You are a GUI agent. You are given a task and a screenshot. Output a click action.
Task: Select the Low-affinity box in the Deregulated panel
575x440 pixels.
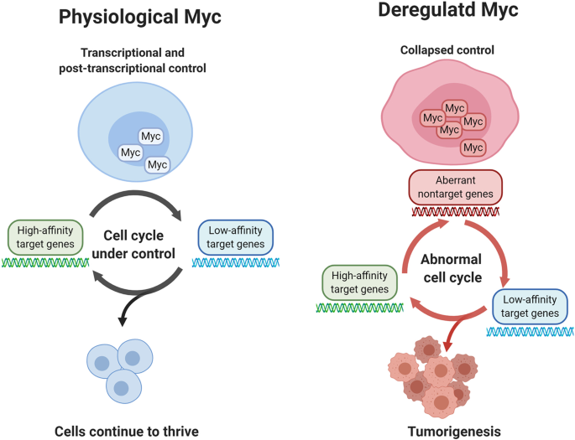click(x=529, y=308)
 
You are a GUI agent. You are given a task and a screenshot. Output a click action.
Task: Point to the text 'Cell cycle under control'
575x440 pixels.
click(x=140, y=245)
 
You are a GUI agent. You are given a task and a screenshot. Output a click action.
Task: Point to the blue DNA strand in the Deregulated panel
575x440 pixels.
click(x=529, y=332)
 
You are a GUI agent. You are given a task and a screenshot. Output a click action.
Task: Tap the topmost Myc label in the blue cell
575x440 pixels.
click(x=151, y=137)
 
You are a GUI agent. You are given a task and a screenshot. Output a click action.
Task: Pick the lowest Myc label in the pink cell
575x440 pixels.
click(x=473, y=148)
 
